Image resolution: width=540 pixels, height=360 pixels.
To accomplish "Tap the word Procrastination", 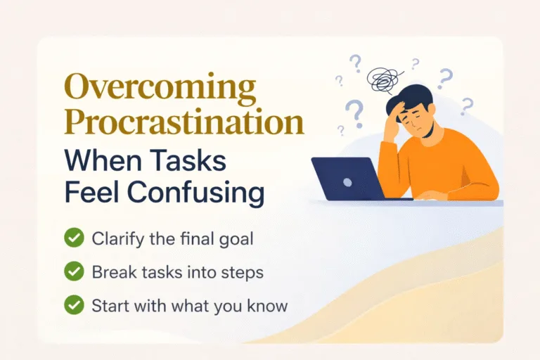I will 184,124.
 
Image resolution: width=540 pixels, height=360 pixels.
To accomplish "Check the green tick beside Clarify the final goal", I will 74,238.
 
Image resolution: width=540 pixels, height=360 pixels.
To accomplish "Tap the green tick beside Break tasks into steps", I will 74,271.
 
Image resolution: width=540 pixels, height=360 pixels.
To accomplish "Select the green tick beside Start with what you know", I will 74,305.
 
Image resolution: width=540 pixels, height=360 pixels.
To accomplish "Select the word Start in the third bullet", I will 109,305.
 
